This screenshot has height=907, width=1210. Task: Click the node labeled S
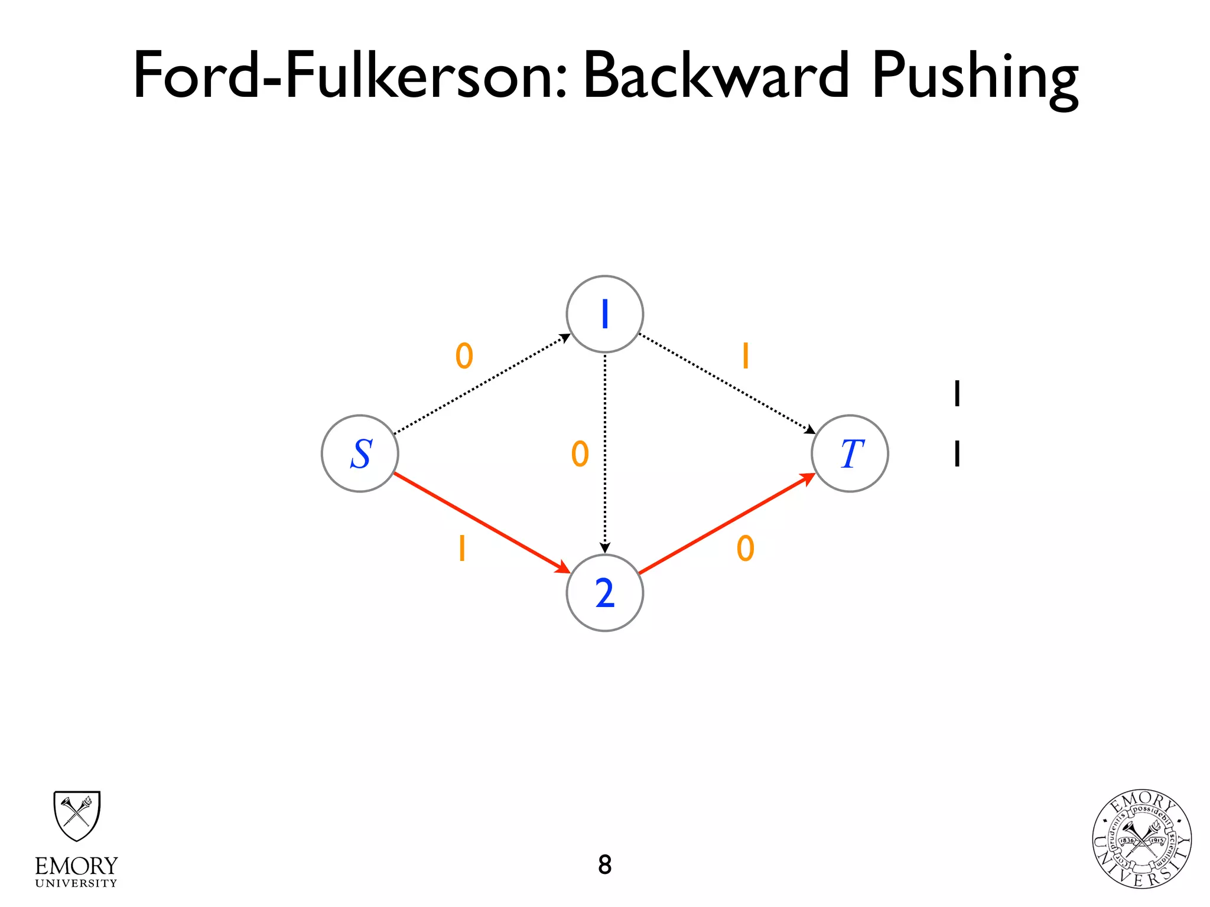pyautogui.click(x=360, y=453)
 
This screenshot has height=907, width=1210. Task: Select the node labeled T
pyautogui.click(x=850, y=453)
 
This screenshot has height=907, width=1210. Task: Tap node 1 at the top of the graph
pyautogui.click(x=604, y=314)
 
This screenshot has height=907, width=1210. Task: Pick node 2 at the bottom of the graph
pyautogui.click(x=604, y=593)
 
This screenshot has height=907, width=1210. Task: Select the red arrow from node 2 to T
pyautogui.click(x=727, y=523)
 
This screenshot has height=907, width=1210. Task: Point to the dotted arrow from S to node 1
pyautogui.click(x=482, y=384)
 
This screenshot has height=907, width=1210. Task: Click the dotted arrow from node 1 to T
pyautogui.click(x=727, y=384)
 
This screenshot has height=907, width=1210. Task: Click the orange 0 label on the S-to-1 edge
pyautogui.click(x=464, y=356)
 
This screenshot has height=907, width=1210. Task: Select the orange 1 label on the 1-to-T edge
pyautogui.click(x=746, y=356)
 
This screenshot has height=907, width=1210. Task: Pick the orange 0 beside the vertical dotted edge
pyautogui.click(x=580, y=453)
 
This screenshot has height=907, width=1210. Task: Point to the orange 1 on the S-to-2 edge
pyautogui.click(x=462, y=549)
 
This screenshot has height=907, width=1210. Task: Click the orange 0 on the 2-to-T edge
pyautogui.click(x=746, y=549)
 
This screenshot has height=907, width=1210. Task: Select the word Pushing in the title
pyautogui.click(x=975, y=80)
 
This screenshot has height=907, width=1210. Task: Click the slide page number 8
pyautogui.click(x=604, y=864)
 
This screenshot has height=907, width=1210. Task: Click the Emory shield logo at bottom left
pyautogui.click(x=77, y=815)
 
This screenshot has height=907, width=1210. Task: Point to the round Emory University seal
pyautogui.click(x=1141, y=839)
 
